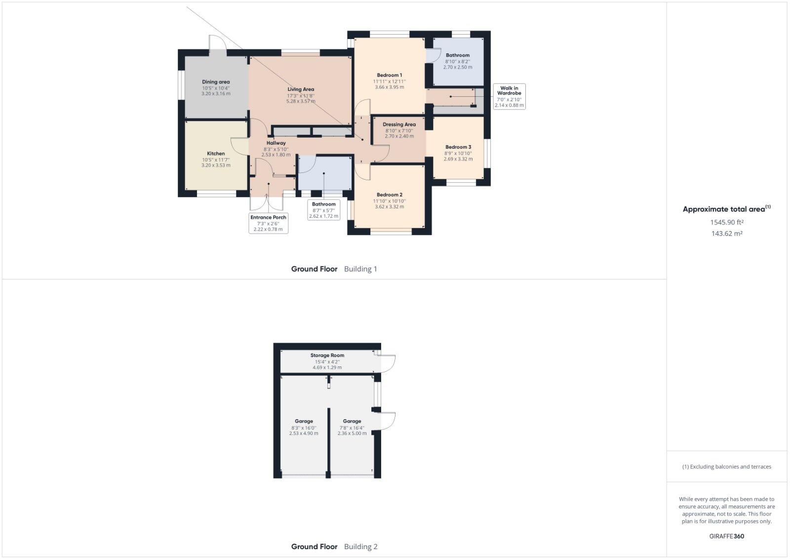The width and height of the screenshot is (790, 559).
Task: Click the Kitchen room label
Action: coord(216,154)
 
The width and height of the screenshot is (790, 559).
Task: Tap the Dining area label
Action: coord(216,82)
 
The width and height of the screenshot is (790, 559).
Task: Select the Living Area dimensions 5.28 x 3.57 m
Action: coord(301,101)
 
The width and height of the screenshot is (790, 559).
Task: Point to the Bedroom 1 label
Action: coord(390,75)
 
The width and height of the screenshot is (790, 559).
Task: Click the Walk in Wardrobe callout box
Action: coord(509,97)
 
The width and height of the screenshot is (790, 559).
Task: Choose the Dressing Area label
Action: coord(399,124)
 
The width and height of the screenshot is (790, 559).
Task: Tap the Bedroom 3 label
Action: coord(458,147)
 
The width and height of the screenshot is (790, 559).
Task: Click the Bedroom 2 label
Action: coord(390,195)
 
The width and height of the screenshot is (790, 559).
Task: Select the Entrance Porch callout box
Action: coord(268,223)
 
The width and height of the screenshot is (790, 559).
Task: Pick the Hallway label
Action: coord(276,143)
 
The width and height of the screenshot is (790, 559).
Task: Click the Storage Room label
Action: coord(327,355)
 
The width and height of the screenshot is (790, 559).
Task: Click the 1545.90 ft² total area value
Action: coord(726,223)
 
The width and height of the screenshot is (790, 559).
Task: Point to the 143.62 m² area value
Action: coord(726,234)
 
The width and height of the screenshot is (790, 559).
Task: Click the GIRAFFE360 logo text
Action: coord(726,536)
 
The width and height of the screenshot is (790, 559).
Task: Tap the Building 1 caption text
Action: coord(360,269)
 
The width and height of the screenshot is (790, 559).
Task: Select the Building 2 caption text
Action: coord(360,547)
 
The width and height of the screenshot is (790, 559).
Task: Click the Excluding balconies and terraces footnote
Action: coord(726,467)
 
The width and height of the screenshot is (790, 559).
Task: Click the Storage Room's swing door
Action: coord(388,363)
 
